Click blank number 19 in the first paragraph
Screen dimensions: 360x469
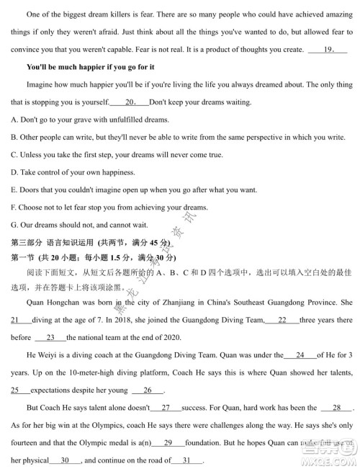(327, 50)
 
